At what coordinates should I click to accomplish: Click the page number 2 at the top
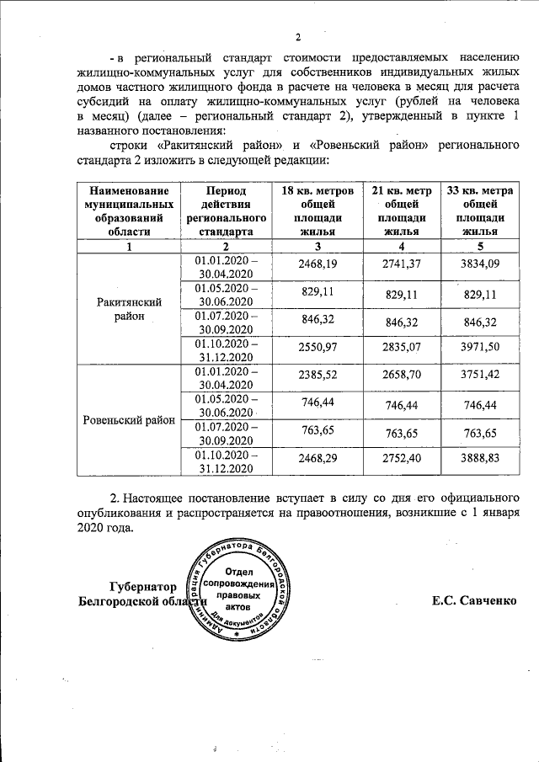tap(297, 36)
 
